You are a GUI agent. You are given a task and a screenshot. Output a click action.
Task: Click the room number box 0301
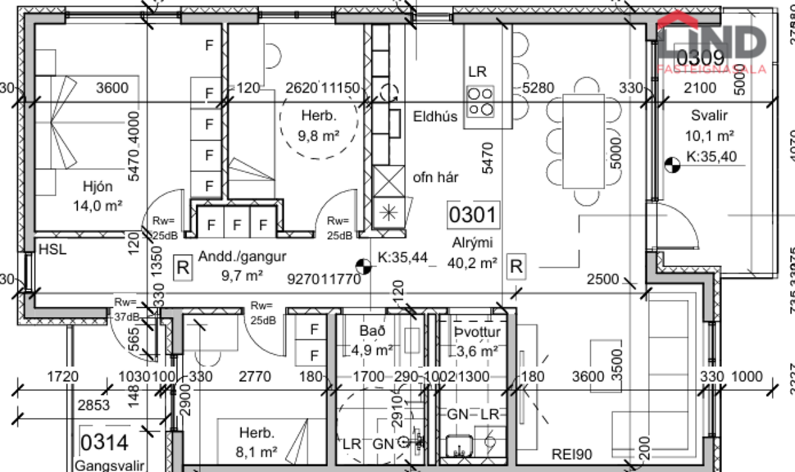pos(472,216)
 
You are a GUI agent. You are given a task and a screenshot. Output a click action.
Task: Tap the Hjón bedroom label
pos(97,185)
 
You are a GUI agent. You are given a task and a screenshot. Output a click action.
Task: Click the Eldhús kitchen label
pos(435,116)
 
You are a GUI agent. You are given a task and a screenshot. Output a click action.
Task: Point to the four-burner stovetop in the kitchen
pos(480,102)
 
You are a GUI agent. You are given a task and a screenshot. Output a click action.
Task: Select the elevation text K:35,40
pos(711,156)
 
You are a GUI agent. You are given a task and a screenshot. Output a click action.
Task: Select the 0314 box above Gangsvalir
pos(104,443)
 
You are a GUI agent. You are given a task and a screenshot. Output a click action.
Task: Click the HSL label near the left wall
pos(51,250)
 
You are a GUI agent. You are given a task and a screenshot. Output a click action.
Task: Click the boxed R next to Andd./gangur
pos(183,266)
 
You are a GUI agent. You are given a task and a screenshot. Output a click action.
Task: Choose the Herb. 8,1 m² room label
pos(257,441)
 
